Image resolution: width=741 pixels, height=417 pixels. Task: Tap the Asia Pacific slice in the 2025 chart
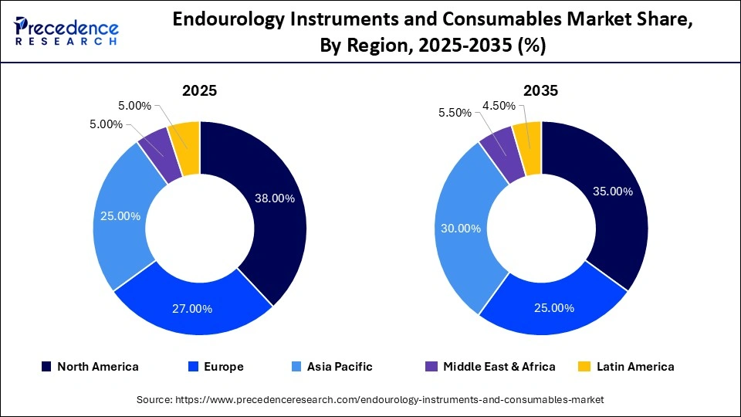pos(120,216)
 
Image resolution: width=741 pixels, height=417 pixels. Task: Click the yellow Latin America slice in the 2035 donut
pos(528,139)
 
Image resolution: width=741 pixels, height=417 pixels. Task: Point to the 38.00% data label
pos(275,198)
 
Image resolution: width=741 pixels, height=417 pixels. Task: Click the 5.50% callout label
pos(455,113)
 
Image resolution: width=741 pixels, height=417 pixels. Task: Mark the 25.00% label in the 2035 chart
pos(554,308)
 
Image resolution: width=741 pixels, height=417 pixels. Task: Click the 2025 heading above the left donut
pos(199,90)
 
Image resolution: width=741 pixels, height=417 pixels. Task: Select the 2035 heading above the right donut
pos(540,90)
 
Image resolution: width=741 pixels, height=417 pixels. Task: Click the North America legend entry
pos(90,367)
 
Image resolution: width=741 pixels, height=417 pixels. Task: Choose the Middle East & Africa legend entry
pos(490,367)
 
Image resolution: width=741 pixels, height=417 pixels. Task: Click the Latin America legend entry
pos(626,367)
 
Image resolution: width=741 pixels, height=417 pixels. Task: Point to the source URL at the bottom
pos(370,399)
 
